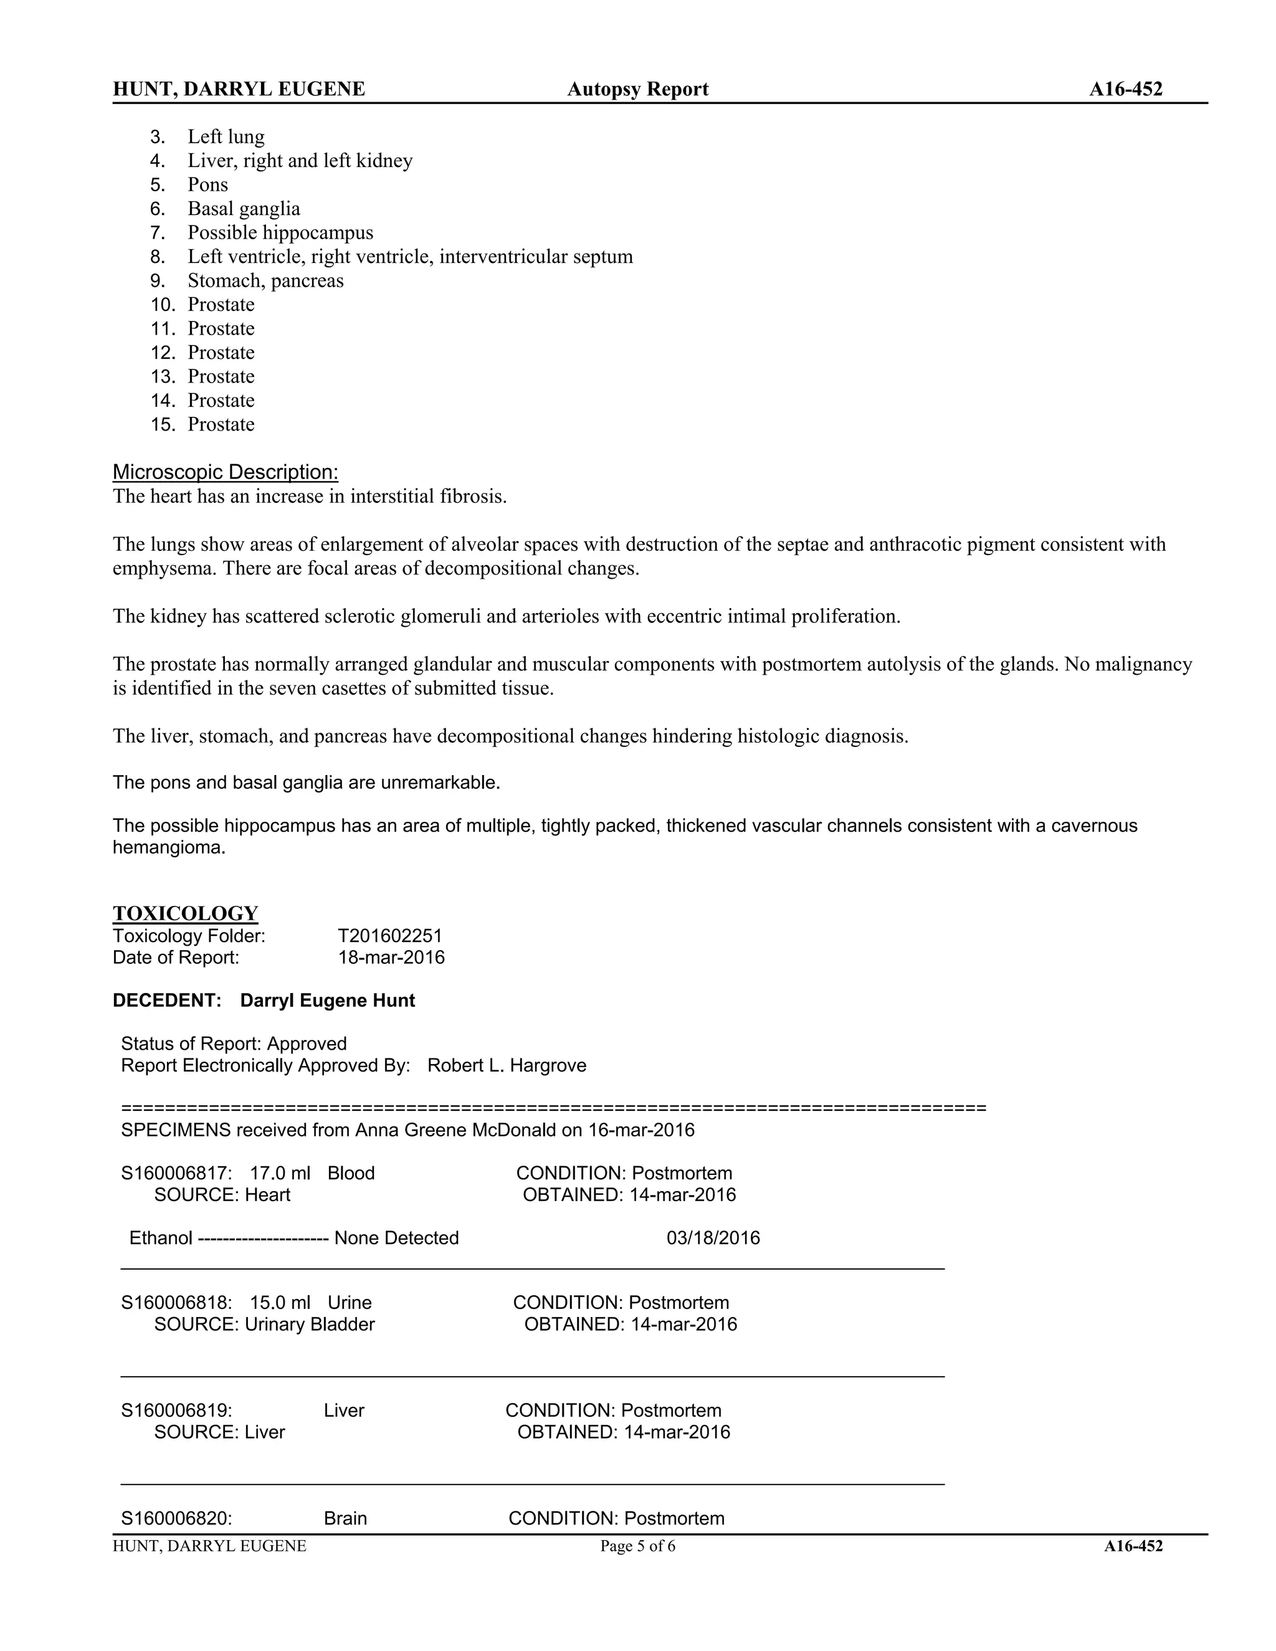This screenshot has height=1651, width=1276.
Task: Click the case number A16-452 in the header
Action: pyautogui.click(x=1125, y=89)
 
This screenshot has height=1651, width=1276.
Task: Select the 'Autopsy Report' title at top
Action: pyautogui.click(x=637, y=89)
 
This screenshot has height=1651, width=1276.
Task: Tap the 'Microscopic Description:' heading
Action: pyautogui.click(x=226, y=472)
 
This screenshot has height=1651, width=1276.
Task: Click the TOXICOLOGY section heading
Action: pyautogui.click(x=185, y=913)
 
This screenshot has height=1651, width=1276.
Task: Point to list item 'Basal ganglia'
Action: pyautogui.click(x=244, y=209)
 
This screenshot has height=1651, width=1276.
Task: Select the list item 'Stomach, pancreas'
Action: pyautogui.click(x=265, y=280)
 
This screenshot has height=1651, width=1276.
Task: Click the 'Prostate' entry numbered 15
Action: pyautogui.click(x=221, y=424)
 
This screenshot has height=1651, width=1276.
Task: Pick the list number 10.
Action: pyautogui.click(x=163, y=305)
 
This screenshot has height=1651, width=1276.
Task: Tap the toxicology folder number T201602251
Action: pyautogui.click(x=389, y=936)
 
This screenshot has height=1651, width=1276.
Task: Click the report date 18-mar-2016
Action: pyautogui.click(x=391, y=958)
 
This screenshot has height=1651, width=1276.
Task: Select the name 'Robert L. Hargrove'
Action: pyautogui.click(x=507, y=1065)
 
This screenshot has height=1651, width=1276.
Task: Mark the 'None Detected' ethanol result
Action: pyautogui.click(x=396, y=1239)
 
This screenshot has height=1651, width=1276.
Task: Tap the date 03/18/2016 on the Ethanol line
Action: pyautogui.click(x=713, y=1239)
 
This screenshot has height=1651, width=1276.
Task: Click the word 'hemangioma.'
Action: pyautogui.click(x=169, y=847)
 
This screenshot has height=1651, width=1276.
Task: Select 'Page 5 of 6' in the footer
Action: pyautogui.click(x=637, y=1547)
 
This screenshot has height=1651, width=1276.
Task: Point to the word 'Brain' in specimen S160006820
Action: pyautogui.click(x=345, y=1519)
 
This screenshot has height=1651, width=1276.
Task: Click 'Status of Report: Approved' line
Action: pyautogui.click(x=234, y=1044)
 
